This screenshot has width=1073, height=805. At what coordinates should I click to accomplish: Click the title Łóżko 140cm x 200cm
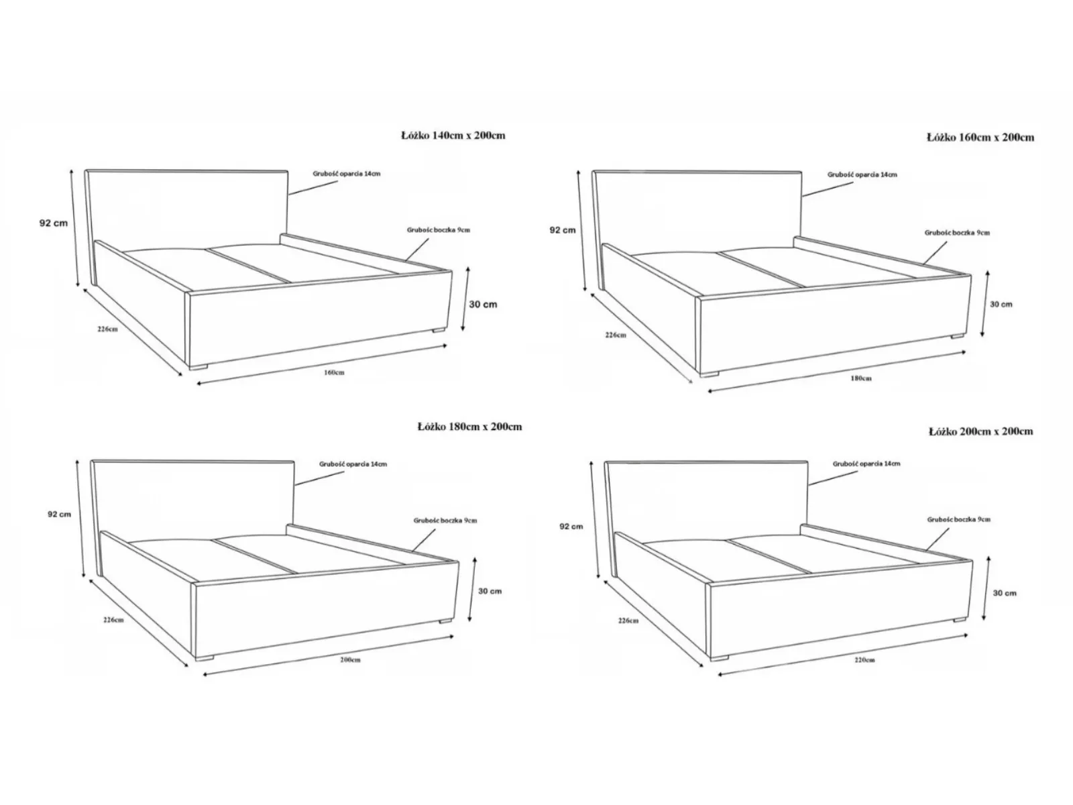(x=453, y=136)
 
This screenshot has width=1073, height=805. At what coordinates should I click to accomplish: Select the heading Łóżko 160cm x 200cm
(x=980, y=138)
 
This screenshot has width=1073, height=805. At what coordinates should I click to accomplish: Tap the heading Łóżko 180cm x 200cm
(x=470, y=427)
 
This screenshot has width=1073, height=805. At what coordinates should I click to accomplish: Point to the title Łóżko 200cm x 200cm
(x=981, y=431)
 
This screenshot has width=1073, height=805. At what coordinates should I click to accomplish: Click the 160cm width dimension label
(x=334, y=372)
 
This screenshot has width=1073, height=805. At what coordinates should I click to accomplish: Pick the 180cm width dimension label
(x=861, y=378)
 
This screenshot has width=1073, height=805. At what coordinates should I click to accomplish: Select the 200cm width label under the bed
(x=350, y=659)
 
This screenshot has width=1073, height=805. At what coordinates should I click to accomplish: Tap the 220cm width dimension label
(x=864, y=659)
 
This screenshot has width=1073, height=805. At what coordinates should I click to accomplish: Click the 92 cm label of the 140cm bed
(x=54, y=223)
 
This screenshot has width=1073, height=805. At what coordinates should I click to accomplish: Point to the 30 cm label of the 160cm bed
(x=1001, y=304)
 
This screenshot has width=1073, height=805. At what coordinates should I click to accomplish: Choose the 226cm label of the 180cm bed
(x=113, y=620)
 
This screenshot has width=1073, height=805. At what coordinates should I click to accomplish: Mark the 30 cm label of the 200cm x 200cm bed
(x=1005, y=593)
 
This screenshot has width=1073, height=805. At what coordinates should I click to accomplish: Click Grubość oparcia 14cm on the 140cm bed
(x=347, y=174)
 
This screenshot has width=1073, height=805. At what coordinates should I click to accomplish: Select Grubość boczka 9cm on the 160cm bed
(x=957, y=233)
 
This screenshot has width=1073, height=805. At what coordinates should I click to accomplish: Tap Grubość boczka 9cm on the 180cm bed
(x=445, y=521)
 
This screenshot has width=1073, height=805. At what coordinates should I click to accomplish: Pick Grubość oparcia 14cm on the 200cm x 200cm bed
(x=866, y=464)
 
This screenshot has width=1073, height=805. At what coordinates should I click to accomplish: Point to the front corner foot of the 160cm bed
(x=709, y=374)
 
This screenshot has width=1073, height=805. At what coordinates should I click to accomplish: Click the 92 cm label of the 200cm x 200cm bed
(x=571, y=527)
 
